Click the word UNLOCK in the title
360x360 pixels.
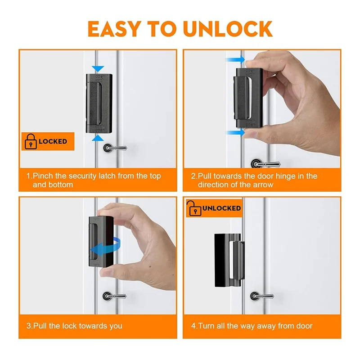(228, 29)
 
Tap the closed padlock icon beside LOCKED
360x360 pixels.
(31, 141)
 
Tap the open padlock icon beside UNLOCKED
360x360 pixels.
(194, 208)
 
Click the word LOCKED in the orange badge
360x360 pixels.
(53, 141)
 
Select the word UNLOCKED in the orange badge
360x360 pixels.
(221, 208)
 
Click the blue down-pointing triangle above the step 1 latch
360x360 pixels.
(98, 69)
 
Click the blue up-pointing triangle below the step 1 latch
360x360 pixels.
(98, 138)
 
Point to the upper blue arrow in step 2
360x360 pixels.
(235, 60)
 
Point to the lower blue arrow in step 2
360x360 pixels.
(235, 133)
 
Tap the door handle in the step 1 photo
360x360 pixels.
(115, 148)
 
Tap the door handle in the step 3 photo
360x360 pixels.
(114, 296)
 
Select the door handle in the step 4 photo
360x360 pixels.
(262, 296)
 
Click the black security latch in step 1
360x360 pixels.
(99, 103)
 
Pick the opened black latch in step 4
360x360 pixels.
(229, 260)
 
